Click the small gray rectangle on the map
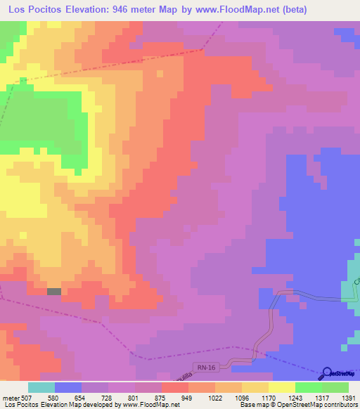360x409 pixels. (54, 291)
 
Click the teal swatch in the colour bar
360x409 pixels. (41, 387)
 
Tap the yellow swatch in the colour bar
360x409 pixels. (281, 387)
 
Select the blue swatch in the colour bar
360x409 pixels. (68, 387)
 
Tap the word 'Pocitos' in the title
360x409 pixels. (53, 9)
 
